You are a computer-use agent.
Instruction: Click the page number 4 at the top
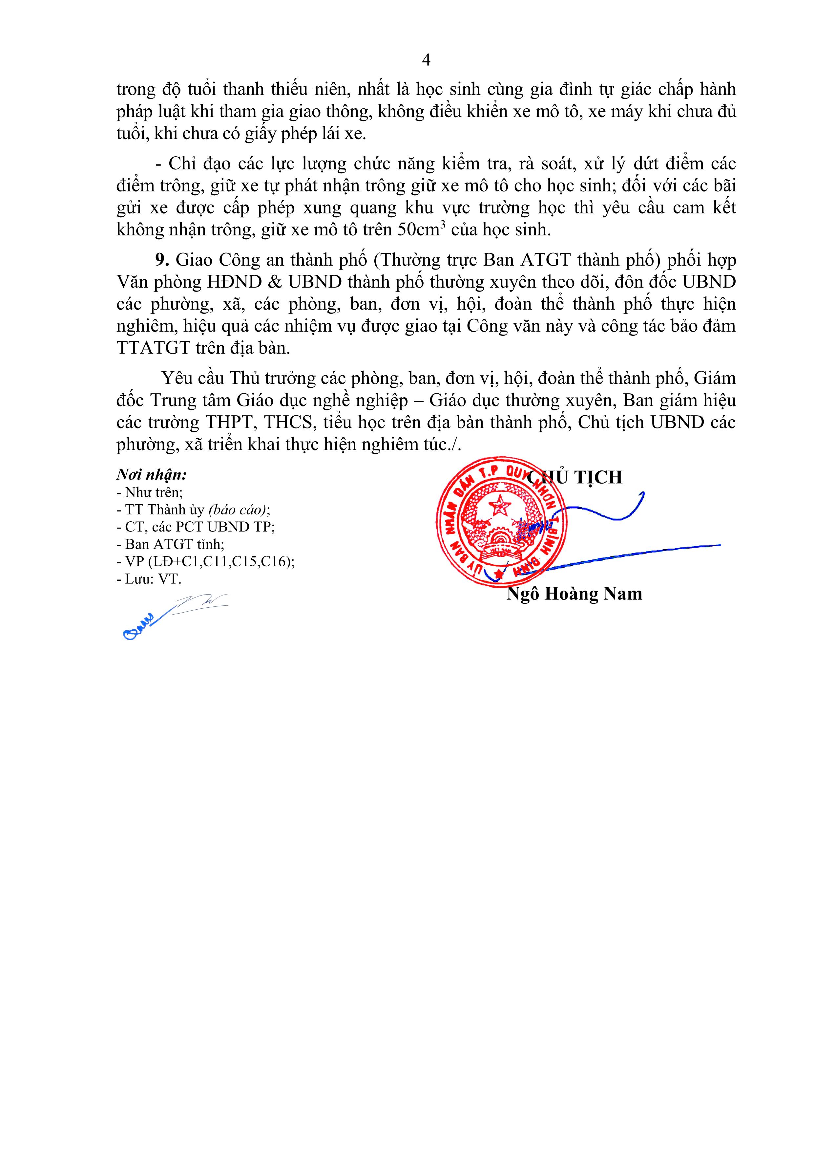[426, 60]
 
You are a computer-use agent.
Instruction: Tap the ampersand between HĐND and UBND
[275, 282]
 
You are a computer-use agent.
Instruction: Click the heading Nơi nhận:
[152, 475]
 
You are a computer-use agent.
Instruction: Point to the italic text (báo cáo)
[237, 510]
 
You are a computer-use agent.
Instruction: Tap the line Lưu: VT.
[149, 579]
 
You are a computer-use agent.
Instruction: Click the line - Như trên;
[150, 492]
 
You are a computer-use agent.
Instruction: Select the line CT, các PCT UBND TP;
[196, 527]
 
